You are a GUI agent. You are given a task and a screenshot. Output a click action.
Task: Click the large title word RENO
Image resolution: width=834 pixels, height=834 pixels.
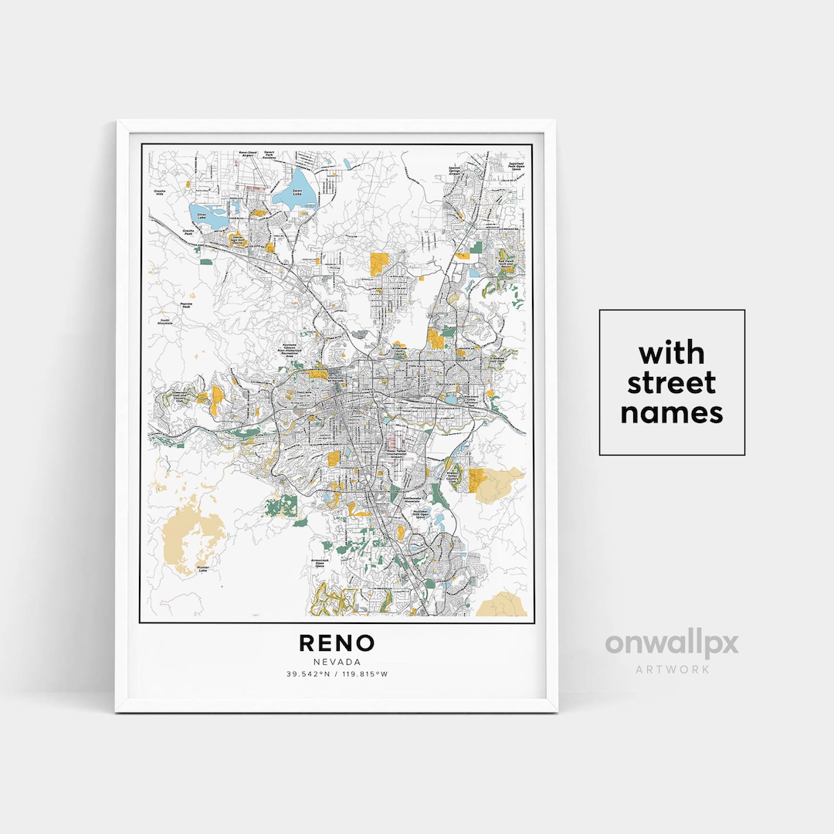pos(337,642)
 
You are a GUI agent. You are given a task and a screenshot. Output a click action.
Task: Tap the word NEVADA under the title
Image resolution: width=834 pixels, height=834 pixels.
pos(337,661)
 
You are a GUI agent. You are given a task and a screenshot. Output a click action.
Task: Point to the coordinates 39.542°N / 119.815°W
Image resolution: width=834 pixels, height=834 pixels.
pos(337,674)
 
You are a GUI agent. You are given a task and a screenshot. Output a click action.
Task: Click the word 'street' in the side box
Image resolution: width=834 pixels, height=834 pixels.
pos(671,383)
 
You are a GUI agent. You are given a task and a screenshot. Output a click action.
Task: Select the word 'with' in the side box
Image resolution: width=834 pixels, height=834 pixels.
pos(671,354)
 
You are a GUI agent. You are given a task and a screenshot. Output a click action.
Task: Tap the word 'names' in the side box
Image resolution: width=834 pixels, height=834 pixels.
pos(671,413)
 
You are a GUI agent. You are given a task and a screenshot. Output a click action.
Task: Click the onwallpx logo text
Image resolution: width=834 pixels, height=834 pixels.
pos(671,643)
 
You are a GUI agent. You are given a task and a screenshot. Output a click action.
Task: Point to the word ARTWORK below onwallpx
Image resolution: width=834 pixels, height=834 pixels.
pos(671,669)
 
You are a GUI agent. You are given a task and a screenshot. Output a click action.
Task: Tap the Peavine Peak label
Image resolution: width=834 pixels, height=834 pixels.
pos(185,306)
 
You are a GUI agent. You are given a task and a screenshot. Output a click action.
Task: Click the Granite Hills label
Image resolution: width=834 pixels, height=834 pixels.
pos(161,191)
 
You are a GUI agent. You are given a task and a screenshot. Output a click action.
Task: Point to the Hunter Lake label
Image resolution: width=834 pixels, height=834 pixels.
pos(203,568)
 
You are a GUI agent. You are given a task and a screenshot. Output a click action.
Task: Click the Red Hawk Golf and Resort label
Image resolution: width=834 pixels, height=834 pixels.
pos(507,263)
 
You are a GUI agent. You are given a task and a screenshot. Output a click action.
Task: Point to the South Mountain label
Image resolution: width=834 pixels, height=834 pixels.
pos(164,322)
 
